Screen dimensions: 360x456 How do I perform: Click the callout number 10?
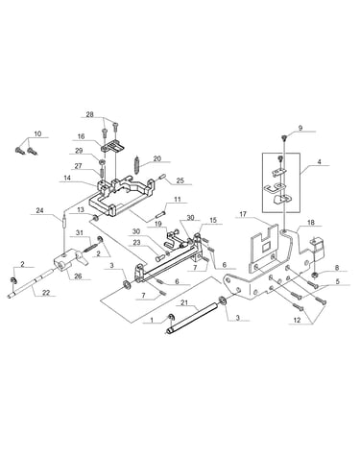pyautogui.click(x=37, y=133)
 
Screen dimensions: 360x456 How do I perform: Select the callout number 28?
pyautogui.click(x=90, y=114)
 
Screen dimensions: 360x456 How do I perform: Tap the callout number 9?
pyautogui.click(x=300, y=128)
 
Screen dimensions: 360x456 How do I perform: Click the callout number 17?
pyautogui.click(x=244, y=214)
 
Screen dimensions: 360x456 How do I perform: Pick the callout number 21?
pyautogui.click(x=183, y=302)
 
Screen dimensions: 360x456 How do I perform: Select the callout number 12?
pyautogui.click(x=297, y=320)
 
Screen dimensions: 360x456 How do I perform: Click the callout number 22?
pyautogui.click(x=47, y=293)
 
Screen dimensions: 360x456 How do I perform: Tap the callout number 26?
pyautogui.click(x=78, y=276)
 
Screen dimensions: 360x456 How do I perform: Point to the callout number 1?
pyautogui.click(x=152, y=320)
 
